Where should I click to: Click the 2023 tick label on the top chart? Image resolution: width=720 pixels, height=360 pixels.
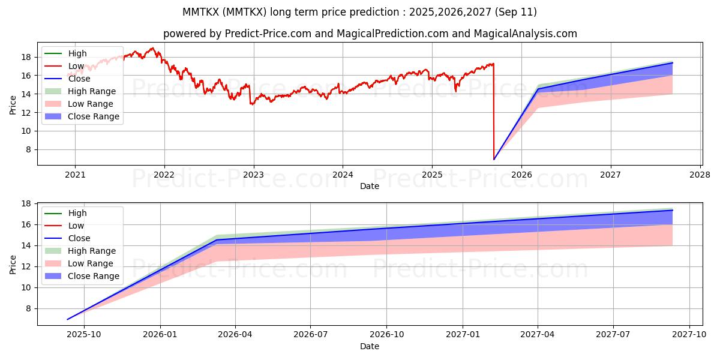tap(253, 175)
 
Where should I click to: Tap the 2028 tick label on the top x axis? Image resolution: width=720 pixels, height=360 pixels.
tap(700, 175)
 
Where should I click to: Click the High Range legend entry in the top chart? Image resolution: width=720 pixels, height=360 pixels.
tap(92, 91)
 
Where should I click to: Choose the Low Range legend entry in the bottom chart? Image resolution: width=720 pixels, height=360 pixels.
tap(91, 263)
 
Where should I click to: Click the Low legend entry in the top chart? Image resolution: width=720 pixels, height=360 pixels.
tap(76, 66)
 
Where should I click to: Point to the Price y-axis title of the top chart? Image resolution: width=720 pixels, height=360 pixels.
tap(13, 104)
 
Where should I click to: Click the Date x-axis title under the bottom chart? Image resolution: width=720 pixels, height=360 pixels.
tap(370, 346)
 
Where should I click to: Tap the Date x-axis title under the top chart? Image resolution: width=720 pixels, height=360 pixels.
tap(370, 186)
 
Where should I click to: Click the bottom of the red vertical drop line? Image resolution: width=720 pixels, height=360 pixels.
tap(494, 159)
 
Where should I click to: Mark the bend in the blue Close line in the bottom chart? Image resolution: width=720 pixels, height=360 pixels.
tap(216, 240)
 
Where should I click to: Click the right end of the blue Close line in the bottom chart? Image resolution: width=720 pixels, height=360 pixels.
tap(672, 210)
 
